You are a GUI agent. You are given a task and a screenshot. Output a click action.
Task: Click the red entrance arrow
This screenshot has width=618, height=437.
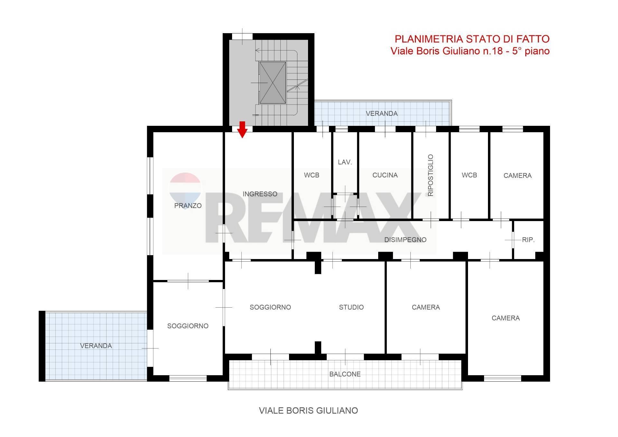click(x=242, y=130)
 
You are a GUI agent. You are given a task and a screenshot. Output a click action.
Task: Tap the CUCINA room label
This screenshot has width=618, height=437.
click(x=385, y=175)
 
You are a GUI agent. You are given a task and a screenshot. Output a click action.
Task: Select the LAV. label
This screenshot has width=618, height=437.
click(x=345, y=162)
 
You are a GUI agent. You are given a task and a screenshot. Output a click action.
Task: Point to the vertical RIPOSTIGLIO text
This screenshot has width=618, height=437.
click(x=431, y=175)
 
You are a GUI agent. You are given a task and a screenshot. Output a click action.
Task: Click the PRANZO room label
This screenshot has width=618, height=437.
click(x=188, y=206)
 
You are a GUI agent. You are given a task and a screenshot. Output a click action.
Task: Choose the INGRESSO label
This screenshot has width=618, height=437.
click(x=260, y=194)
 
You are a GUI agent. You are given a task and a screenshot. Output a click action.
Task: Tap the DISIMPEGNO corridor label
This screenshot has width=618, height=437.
click(x=405, y=240)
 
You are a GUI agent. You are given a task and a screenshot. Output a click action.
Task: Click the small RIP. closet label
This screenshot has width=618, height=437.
click(x=528, y=240)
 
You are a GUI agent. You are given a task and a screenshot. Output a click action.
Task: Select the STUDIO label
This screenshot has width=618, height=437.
click(x=351, y=307)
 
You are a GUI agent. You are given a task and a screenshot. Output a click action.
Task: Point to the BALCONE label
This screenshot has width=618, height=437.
click(x=345, y=374)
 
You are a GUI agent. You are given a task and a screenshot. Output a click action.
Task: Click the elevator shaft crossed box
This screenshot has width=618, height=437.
click(x=272, y=83)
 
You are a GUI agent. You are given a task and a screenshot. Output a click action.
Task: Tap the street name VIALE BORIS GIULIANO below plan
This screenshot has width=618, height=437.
click(x=308, y=411)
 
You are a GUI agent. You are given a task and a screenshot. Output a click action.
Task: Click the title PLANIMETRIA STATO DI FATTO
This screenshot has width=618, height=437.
click(x=472, y=39)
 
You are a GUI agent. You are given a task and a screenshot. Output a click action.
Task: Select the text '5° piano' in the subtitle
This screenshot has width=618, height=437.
click(x=531, y=51)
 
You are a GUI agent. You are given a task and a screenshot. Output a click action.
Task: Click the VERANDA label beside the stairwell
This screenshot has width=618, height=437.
click(x=382, y=113)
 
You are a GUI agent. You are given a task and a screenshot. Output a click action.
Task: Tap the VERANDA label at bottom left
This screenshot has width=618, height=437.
click(x=96, y=346)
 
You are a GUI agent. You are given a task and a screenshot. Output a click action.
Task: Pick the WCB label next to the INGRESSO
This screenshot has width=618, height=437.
click(x=312, y=175)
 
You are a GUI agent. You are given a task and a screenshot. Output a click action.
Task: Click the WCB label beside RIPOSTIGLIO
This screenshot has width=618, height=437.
click(x=469, y=175)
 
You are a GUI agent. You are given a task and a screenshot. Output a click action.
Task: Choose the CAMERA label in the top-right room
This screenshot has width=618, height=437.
click(x=518, y=176)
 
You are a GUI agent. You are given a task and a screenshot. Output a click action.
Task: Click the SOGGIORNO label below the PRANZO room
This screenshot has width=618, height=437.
click(x=188, y=326)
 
